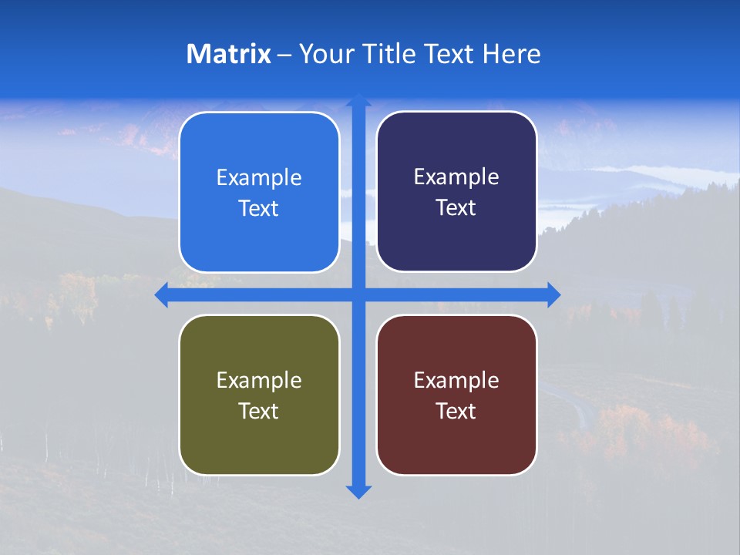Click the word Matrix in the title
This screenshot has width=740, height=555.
pyautogui.click(x=228, y=54)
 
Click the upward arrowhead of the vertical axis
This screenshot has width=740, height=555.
pyautogui.click(x=358, y=101)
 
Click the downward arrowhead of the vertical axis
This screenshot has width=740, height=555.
pyautogui.click(x=358, y=491)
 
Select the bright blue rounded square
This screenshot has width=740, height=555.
pyautogui.click(x=259, y=192)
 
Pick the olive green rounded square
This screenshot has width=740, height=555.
pyautogui.click(x=259, y=395)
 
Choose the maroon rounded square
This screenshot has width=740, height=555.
pyautogui.click(x=456, y=395)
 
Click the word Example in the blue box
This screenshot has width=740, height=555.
pyautogui.click(x=259, y=178)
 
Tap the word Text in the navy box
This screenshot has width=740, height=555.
pyautogui.click(x=456, y=208)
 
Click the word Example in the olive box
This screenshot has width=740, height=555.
pyautogui.click(x=259, y=380)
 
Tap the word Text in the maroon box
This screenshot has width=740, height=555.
pyautogui.click(x=456, y=411)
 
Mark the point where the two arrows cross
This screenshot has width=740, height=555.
pyautogui.click(x=358, y=294)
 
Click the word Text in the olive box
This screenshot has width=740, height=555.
pyautogui.click(x=259, y=411)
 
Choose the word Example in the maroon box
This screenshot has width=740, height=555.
pyautogui.click(x=456, y=380)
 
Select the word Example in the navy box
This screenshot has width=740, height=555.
pyautogui.click(x=456, y=177)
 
